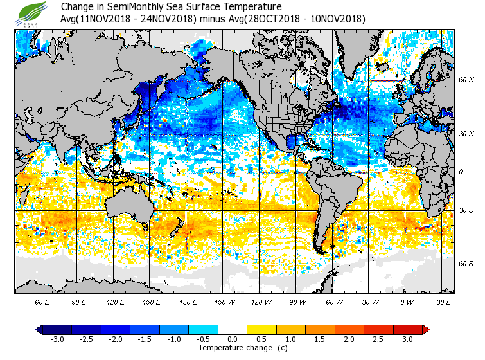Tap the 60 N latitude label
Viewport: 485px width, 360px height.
pos(466,80)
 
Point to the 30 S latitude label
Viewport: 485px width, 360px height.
pos(466,211)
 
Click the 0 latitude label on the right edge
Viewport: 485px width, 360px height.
pos(460,172)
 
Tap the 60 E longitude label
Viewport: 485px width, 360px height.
pos(42,301)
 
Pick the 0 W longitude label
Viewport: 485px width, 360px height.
pos(406,301)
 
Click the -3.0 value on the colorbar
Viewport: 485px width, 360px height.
pos(57,339)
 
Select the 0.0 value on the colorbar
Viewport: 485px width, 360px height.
pos(233,339)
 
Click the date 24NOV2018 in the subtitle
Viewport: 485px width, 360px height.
pos(169,19)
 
